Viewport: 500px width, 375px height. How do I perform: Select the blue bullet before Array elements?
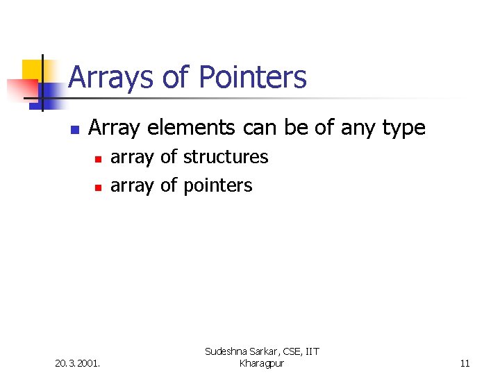(x=75, y=129)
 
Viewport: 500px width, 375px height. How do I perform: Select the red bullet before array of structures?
(x=98, y=159)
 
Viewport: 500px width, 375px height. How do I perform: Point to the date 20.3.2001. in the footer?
(x=77, y=362)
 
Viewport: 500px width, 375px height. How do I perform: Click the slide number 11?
(x=465, y=362)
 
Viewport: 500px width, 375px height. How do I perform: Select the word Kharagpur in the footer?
(x=261, y=363)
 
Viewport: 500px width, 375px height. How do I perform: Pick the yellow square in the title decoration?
(x=32, y=70)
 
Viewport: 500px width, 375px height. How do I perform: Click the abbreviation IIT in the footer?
(x=310, y=352)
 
